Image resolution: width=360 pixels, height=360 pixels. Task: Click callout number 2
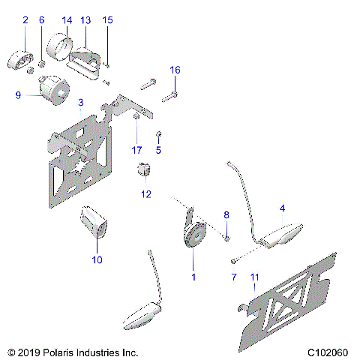(25, 20)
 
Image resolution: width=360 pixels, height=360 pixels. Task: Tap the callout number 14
(67, 20)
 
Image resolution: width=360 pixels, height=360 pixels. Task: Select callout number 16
(175, 70)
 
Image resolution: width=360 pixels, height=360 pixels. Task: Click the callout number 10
(97, 259)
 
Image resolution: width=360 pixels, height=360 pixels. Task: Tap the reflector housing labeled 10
(94, 223)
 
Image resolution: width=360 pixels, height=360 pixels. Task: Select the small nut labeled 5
(160, 134)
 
